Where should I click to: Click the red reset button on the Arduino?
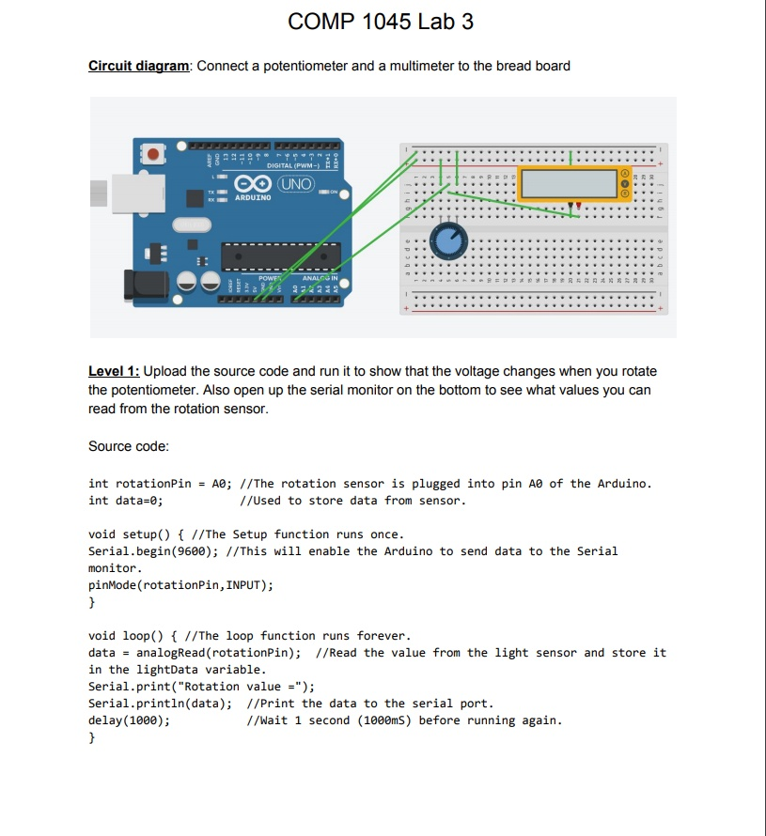click(x=154, y=152)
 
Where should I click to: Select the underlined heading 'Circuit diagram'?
click(x=139, y=66)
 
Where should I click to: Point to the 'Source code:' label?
click(x=128, y=445)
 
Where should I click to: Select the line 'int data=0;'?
click(x=126, y=501)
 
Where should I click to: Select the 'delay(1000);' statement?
click(x=129, y=720)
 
